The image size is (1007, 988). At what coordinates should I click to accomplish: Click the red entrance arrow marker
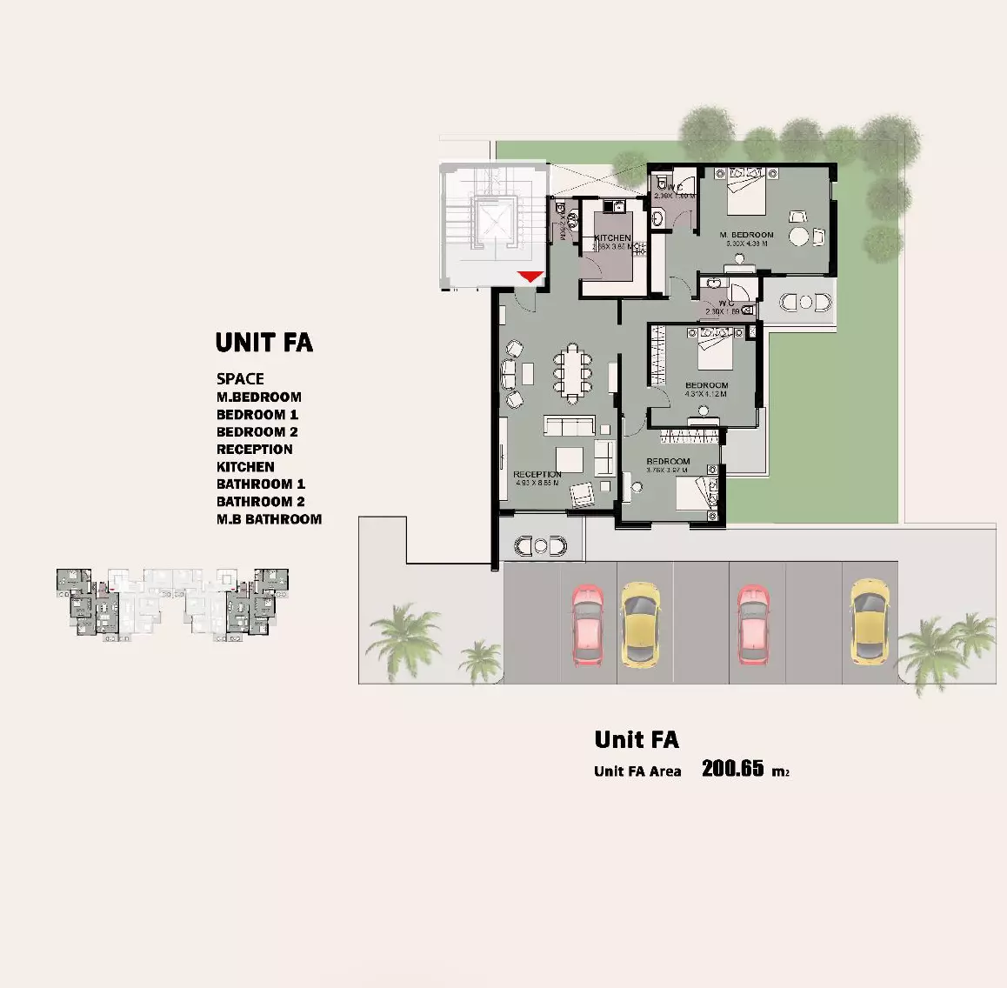530,277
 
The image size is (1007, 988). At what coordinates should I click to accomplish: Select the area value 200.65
732,768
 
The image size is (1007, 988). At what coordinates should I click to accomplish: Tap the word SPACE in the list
240,378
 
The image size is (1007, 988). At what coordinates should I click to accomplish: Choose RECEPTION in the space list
254,450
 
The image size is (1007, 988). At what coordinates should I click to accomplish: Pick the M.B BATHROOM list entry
269,519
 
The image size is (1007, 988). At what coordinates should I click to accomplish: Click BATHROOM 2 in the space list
260,502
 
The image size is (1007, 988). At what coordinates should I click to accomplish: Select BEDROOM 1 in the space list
257,415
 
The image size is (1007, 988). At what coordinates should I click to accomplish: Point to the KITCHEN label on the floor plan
612,237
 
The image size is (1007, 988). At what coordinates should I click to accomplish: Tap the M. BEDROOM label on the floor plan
746,235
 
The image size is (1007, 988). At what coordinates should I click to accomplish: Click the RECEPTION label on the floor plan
537,474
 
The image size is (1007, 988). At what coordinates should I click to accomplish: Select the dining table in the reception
572,370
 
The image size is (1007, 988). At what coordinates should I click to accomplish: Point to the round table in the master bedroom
799,237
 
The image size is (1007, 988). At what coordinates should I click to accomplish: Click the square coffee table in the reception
570,458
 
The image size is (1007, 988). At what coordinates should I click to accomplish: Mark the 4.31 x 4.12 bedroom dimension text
706,394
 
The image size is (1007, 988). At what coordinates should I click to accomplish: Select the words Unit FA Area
637,771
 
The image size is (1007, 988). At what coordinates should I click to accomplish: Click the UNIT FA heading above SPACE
263,343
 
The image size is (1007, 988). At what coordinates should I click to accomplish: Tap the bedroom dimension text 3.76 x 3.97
667,470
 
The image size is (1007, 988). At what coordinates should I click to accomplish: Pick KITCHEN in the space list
245,467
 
